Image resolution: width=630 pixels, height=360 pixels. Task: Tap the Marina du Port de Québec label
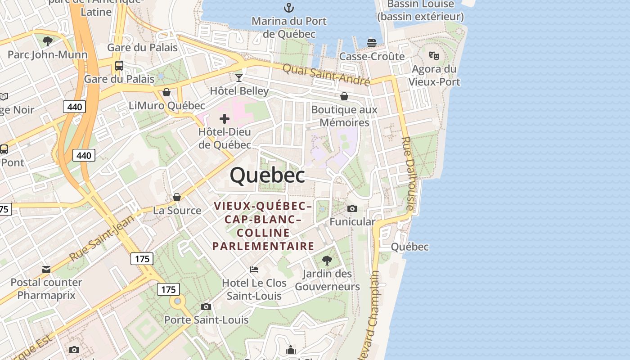click(289, 27)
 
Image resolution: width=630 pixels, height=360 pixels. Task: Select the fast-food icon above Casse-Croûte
click(372, 43)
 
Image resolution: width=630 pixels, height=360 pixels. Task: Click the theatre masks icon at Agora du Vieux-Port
click(434, 56)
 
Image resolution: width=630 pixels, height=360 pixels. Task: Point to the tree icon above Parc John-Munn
click(47, 41)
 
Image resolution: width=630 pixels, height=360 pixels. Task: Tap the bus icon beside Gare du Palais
click(119, 66)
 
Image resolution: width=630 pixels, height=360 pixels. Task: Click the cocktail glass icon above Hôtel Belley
click(239, 77)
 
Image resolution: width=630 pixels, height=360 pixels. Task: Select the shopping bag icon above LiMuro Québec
click(166, 92)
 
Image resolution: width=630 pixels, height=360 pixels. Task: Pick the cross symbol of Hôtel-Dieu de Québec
click(225, 119)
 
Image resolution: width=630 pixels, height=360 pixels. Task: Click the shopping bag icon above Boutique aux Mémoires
click(344, 96)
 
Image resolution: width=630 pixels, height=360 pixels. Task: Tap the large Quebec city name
click(267, 175)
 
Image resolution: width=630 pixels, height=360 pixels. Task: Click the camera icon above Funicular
click(352, 208)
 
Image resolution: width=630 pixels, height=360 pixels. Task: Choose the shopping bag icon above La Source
click(177, 197)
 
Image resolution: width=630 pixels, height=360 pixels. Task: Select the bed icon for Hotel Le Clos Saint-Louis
click(254, 270)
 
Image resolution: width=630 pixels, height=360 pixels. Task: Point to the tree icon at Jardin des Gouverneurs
click(327, 260)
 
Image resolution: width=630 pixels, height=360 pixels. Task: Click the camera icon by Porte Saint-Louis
click(206, 307)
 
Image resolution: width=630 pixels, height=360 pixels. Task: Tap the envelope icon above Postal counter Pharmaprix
click(46, 269)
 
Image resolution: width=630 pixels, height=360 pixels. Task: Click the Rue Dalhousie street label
click(407, 173)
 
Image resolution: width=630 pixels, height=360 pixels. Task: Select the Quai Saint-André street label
click(326, 75)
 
